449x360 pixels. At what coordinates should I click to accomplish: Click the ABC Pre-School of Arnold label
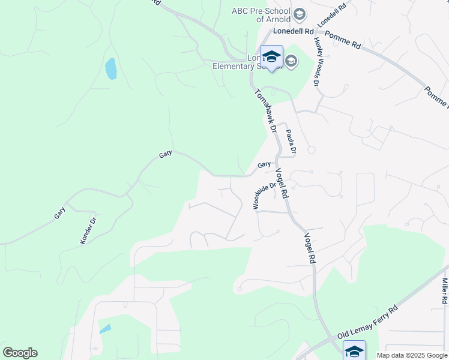[261, 15]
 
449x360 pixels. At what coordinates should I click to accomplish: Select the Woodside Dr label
[264, 196]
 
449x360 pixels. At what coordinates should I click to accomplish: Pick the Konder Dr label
[88, 230]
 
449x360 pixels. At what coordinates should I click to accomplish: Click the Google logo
[20, 353]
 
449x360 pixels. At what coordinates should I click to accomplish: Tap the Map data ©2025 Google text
[412, 355]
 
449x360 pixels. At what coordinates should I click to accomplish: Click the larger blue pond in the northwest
[111, 69]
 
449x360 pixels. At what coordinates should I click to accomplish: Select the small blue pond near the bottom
[105, 329]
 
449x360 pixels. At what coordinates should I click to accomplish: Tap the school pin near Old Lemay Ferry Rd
[354, 350]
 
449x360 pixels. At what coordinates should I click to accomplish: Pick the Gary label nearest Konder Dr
[59, 212]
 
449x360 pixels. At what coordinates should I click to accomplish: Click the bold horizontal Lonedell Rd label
[294, 31]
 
